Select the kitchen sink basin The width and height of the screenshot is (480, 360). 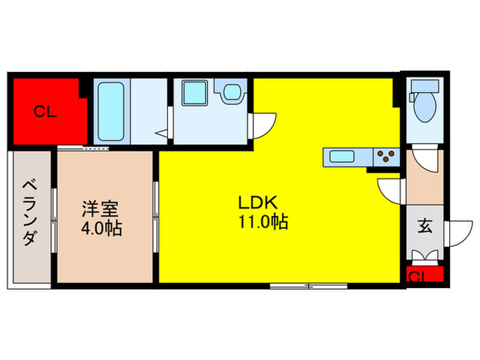[x=341, y=156]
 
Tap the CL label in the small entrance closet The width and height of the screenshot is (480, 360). [x=416, y=276]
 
